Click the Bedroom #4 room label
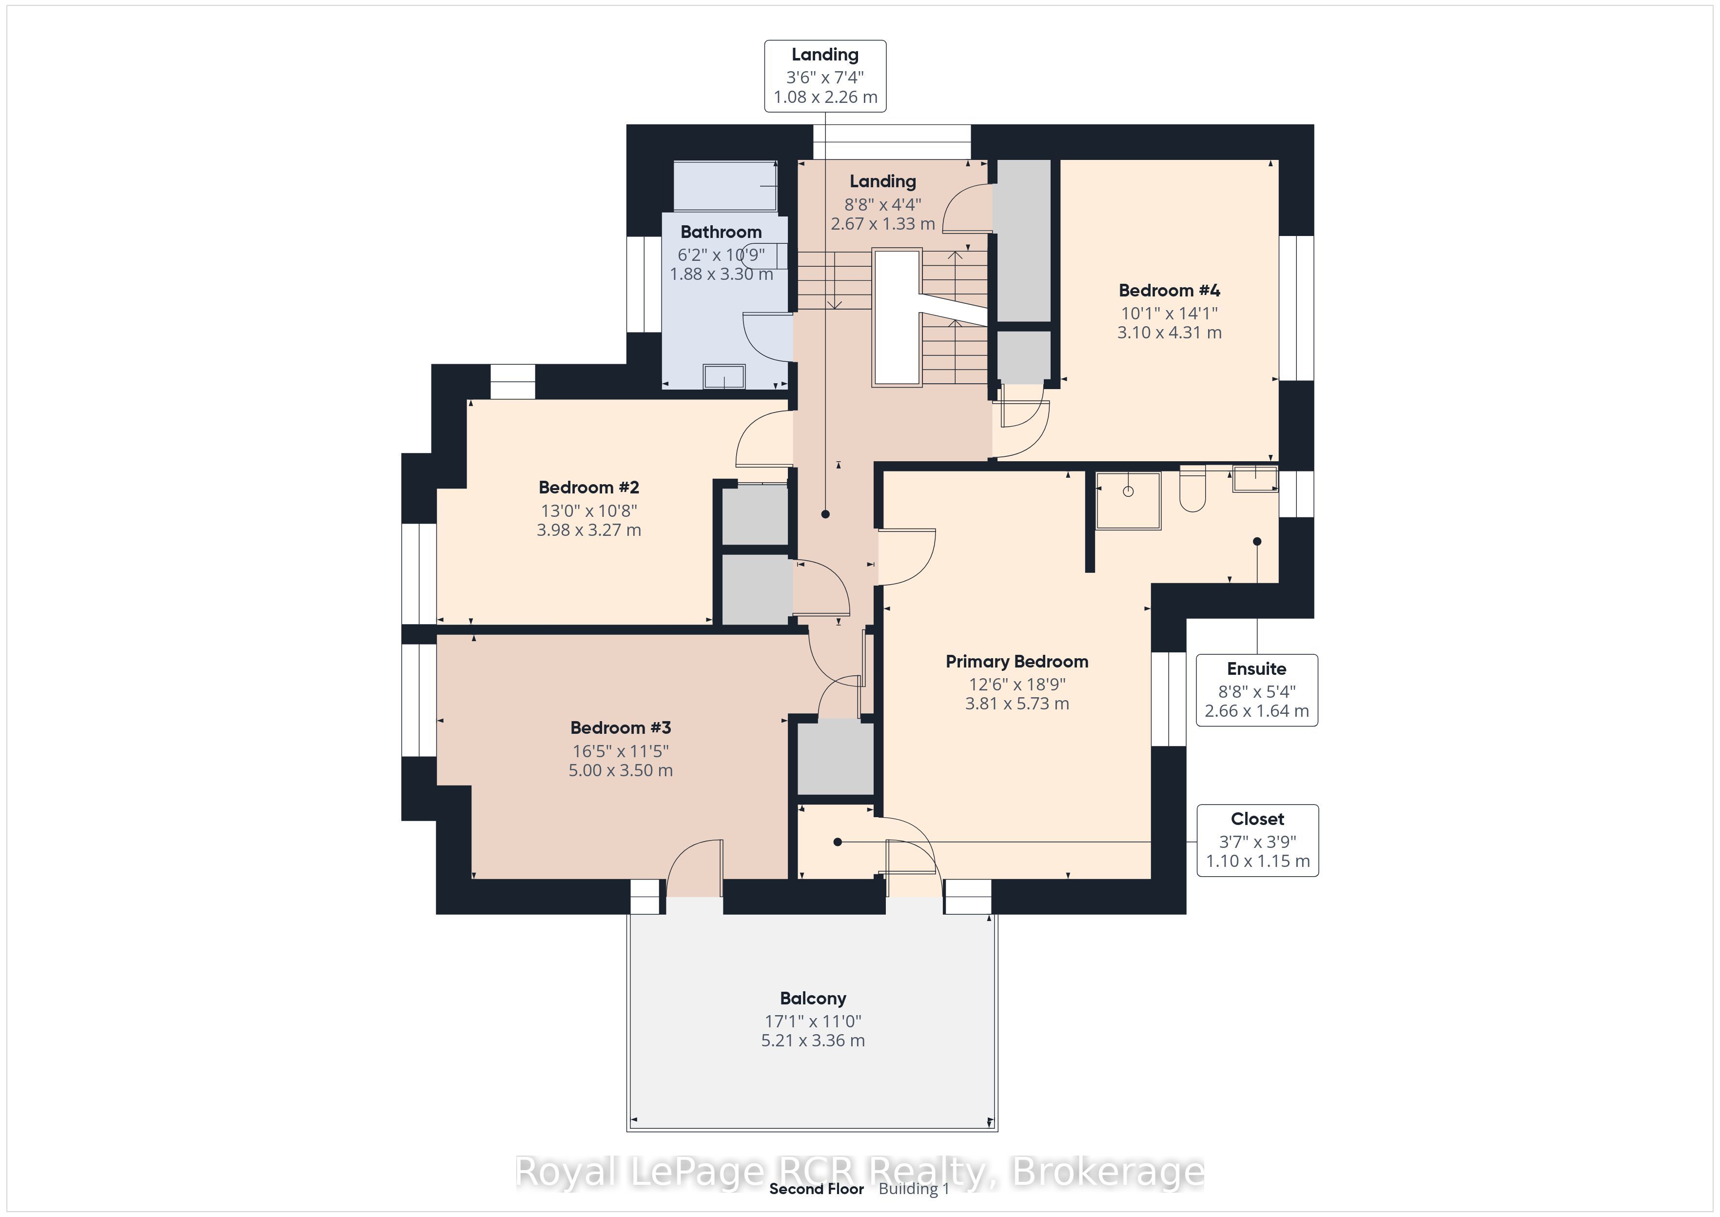1170,290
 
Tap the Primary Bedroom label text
1016,662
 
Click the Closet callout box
1257,840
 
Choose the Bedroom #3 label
620,727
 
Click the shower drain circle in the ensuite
1128,491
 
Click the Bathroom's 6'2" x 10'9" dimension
721,255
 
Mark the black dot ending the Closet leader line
838,843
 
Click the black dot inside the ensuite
1257,541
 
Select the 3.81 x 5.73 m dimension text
1016,704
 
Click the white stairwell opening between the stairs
897,318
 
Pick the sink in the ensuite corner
1255,479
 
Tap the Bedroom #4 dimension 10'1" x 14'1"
1170,313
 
